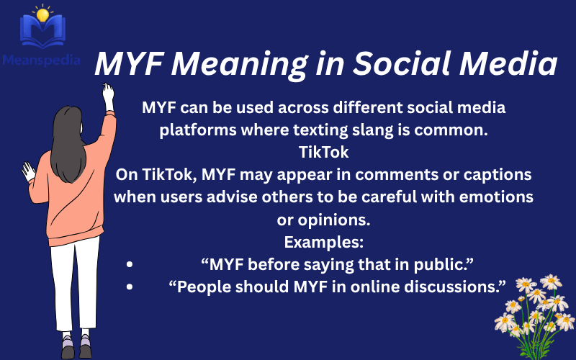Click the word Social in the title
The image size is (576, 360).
point(395,66)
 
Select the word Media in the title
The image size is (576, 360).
point(508,66)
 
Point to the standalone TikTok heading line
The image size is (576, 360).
point(323,153)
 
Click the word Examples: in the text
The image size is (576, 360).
point(323,241)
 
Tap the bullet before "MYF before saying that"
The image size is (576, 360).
point(130,264)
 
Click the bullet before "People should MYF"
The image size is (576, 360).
point(130,287)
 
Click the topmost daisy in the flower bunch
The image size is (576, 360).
point(551,282)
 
